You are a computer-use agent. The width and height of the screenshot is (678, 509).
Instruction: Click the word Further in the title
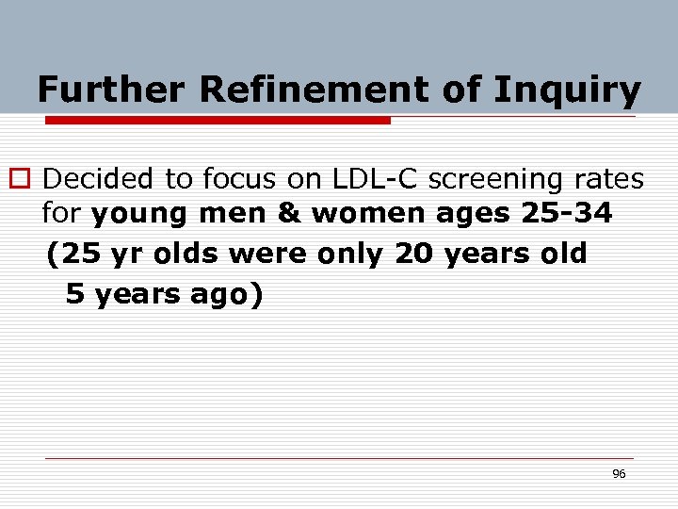(112, 90)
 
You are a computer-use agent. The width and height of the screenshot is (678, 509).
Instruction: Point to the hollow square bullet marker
(23, 179)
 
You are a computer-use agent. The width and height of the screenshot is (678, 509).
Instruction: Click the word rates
(612, 178)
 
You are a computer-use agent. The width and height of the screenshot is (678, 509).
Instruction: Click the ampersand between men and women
(287, 215)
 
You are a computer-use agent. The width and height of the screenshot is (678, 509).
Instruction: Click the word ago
(222, 294)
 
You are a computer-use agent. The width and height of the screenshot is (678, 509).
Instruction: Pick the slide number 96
(619, 474)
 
